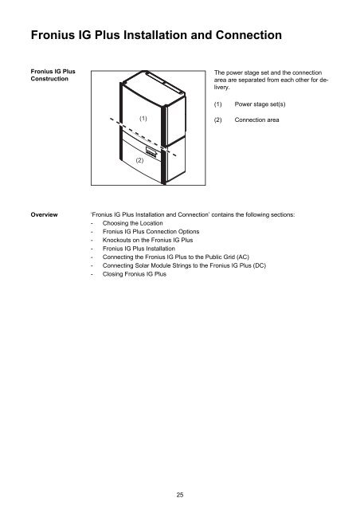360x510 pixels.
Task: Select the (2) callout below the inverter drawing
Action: coord(139,160)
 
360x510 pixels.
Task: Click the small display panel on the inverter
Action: coord(151,149)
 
